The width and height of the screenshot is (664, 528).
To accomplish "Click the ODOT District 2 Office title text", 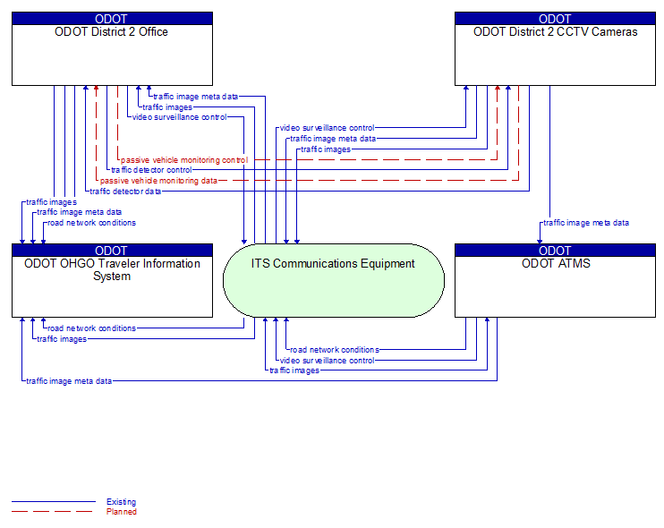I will point(112,32).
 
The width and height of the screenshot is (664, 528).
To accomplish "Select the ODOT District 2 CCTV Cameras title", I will point(555,32).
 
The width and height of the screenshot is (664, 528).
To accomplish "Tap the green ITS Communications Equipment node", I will point(333,279).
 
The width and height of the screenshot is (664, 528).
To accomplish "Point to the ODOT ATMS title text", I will point(555,264).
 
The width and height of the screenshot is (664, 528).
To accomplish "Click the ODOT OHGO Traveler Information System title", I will point(112,269).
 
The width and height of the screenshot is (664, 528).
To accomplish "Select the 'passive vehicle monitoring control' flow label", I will point(184,160).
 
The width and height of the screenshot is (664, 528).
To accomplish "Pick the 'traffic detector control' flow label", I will point(150,170).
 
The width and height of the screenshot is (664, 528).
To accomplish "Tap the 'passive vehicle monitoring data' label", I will point(158,181).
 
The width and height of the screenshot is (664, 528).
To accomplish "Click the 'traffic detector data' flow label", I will point(125,191).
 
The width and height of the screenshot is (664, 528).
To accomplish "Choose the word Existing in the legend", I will point(121,502).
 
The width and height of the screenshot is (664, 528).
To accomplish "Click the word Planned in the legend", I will point(121,512).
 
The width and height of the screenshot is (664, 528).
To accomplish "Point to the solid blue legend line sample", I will point(53,502).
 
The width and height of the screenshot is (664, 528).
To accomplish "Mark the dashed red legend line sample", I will point(53,512).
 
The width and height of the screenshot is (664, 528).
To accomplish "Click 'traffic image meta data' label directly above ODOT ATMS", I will point(586,223).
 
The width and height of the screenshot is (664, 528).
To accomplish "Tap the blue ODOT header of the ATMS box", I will point(555,251).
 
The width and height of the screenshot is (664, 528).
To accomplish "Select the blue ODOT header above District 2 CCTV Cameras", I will point(555,18).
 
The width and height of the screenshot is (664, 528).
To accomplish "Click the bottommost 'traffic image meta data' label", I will point(69,381).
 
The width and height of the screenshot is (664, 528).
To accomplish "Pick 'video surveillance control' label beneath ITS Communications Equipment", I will point(327,361).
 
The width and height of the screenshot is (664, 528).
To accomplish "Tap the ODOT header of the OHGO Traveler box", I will point(112,251).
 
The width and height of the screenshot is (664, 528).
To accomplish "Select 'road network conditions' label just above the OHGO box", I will point(91,223).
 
